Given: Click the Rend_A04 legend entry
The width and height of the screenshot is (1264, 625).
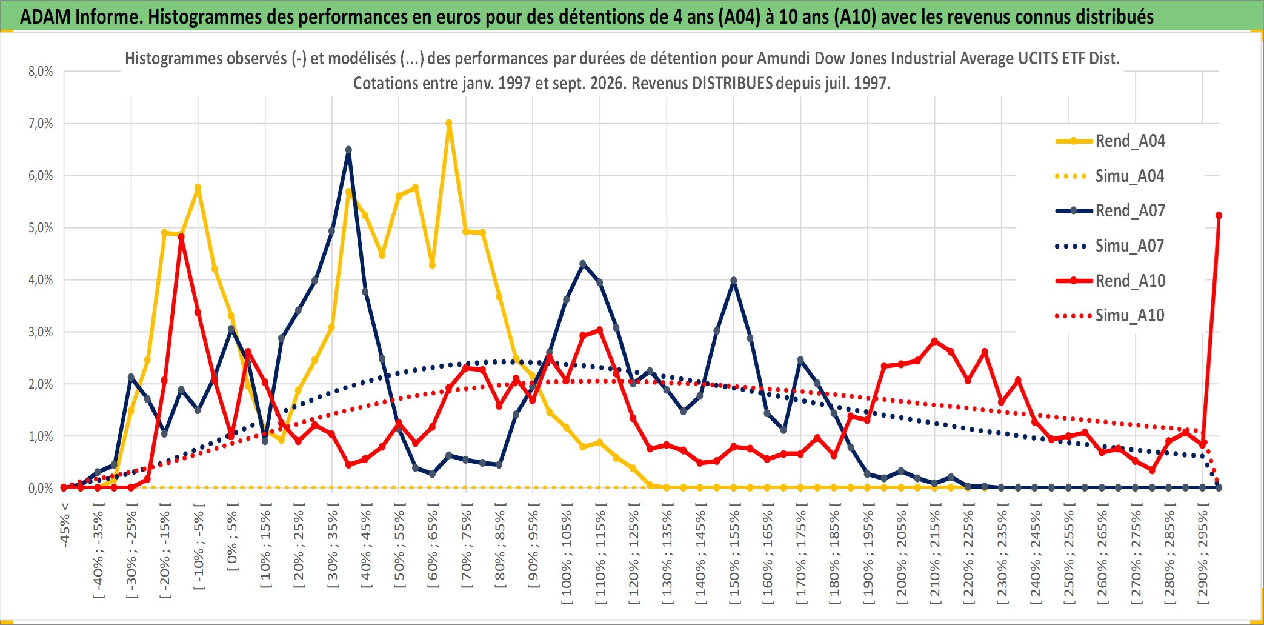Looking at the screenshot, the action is point(1110,141).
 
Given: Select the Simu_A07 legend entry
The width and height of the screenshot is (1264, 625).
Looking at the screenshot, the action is point(1110,246).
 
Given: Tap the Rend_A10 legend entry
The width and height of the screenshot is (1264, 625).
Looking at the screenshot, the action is point(1110,281).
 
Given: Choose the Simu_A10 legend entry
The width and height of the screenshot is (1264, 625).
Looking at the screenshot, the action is point(1110,315).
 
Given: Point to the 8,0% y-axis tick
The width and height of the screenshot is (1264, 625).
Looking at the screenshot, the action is point(41,72).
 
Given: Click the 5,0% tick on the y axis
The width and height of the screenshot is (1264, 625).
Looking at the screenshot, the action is point(41,228).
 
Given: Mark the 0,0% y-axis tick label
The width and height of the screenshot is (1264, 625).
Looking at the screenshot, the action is point(41,488).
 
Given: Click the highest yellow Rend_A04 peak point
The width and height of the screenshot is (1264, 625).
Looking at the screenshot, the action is point(449,123).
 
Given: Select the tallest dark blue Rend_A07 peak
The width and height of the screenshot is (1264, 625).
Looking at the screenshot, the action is point(348,150).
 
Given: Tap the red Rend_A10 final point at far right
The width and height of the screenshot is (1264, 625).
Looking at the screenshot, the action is point(1219,215).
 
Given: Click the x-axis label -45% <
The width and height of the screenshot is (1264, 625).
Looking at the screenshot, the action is point(65,525).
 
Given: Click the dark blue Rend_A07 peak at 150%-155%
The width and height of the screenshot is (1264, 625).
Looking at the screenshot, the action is point(734,281).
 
